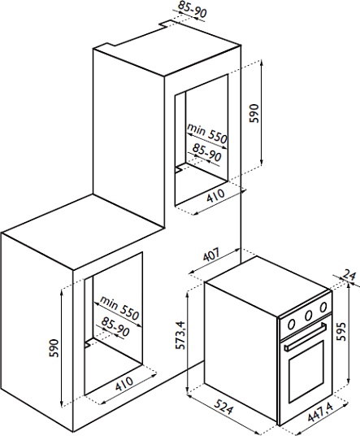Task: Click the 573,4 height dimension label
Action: coord(180,335)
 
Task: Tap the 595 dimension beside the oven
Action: coord(340,331)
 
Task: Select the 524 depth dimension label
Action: coord(223,407)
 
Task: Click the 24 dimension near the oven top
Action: coord(349,275)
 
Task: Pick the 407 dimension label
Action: coord(211,254)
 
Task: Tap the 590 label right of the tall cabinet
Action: coord(254,113)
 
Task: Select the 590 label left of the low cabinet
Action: coord(54,348)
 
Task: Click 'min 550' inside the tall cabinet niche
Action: coord(207,133)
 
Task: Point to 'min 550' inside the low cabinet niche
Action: coord(119,307)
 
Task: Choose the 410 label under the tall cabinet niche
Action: coord(216,195)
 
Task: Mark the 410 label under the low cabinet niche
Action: coord(124,383)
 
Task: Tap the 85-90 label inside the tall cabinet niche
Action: coord(207,152)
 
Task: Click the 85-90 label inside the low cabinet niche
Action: coord(115,326)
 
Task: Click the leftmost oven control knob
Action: coord(292,324)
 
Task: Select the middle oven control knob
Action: coord(308,316)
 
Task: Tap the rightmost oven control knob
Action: coord(323,307)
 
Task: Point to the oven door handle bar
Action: coord(305,336)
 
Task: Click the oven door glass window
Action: coord(306,371)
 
